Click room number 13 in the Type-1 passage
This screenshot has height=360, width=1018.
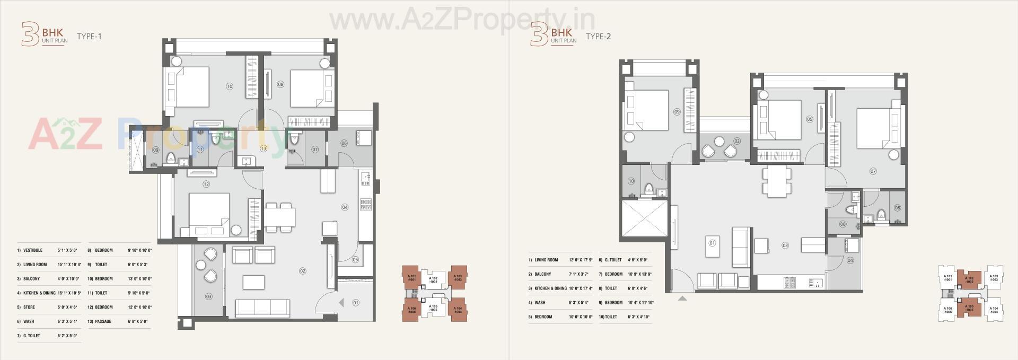coord(264,149)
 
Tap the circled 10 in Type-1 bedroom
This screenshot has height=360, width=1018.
coord(229,86)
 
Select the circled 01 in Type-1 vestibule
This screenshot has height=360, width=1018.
coord(355,303)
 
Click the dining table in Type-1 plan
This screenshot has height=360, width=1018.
coord(279,217)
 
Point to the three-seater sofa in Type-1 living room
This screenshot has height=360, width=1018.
coord(262,308)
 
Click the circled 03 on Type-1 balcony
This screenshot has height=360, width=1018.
coord(209,296)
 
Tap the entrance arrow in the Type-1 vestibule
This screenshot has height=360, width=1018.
coord(341,303)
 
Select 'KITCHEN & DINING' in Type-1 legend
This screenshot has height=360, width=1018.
coord(39,293)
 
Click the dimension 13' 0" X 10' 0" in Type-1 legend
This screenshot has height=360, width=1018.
coord(139,278)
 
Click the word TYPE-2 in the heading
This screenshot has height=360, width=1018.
coord(598,36)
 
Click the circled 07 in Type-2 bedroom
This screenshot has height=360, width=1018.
coord(873,171)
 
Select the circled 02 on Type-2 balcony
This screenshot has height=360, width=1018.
coord(737,141)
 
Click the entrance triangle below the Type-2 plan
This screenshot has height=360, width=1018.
coord(682,298)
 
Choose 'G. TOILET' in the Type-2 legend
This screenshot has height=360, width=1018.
coord(613,260)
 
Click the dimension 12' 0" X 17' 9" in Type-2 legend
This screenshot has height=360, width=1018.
coord(579,260)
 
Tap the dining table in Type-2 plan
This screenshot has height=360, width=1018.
coord(777,182)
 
